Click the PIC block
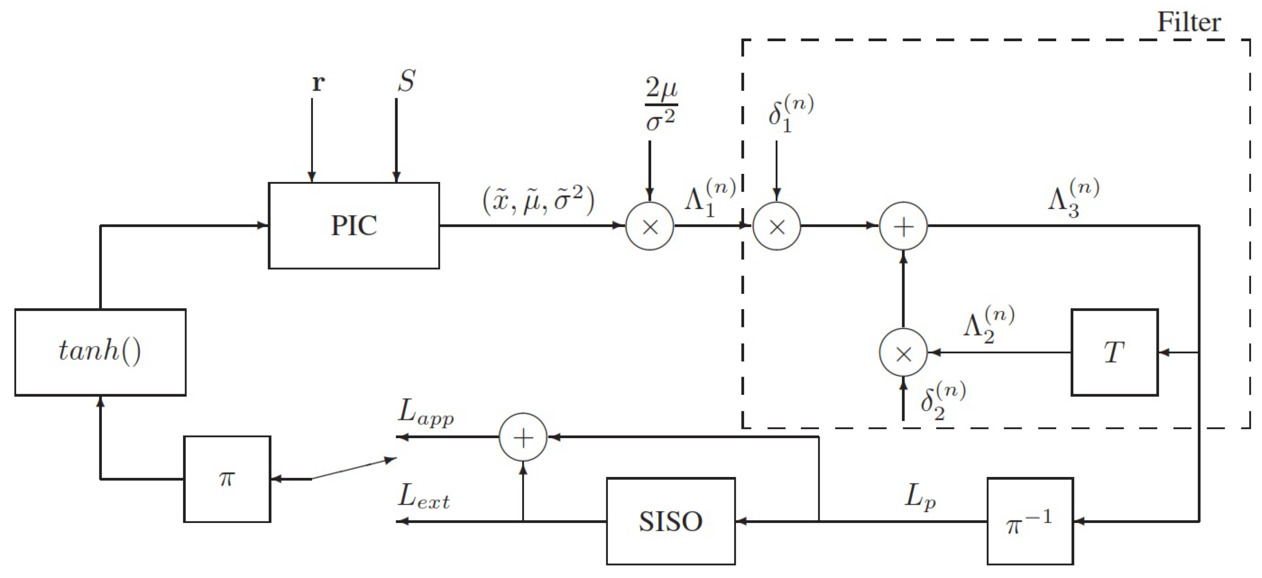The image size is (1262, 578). tap(354, 226)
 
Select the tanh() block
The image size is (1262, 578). tap(100, 352)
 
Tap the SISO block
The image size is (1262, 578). tap(671, 521)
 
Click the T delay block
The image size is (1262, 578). tap(1114, 352)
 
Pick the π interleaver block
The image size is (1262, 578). tap(227, 479)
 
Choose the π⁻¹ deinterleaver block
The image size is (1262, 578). tap(1030, 521)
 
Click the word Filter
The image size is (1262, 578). tap(1188, 22)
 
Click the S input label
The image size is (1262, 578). tap(407, 81)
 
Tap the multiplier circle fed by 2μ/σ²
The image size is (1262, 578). tap(650, 226)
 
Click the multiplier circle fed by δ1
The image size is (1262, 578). tap(777, 226)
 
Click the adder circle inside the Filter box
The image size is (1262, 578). tap(903, 226)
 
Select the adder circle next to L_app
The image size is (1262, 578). tap(523, 437)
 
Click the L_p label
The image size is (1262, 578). tap(920, 497)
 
